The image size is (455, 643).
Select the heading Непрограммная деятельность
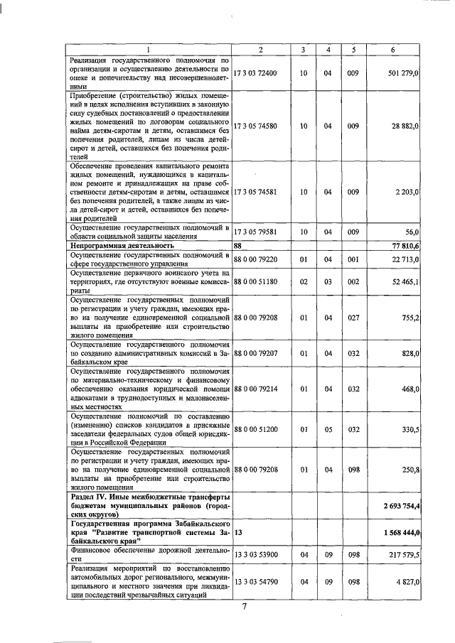coord(117,244)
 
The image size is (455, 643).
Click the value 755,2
coord(411,317)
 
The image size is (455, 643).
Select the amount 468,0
coord(411,389)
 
